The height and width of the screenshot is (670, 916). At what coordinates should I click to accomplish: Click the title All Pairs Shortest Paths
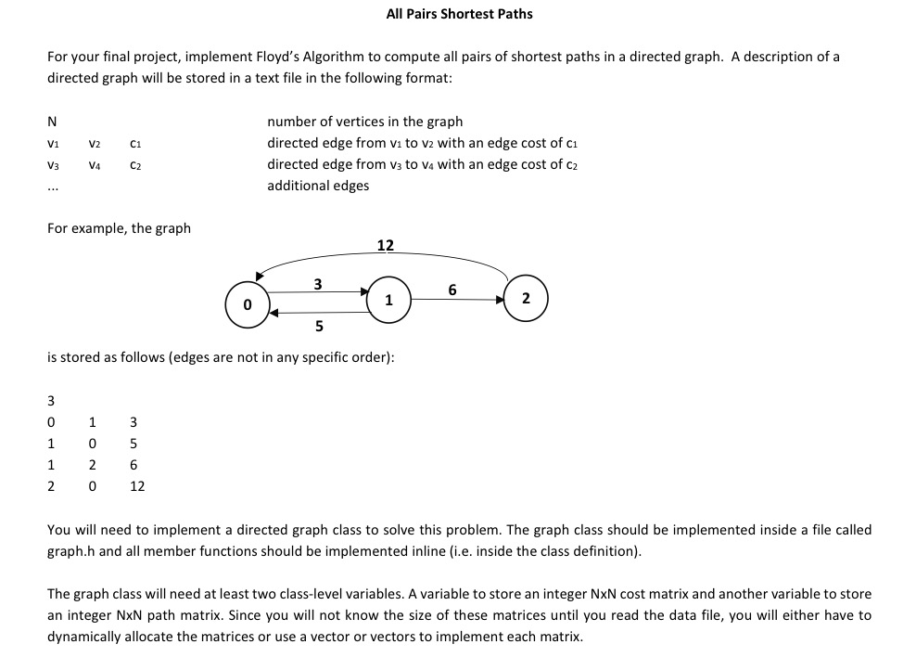coord(459,14)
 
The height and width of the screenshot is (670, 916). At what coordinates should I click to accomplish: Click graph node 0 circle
coord(247,303)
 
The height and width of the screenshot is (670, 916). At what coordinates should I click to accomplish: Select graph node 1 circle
coord(388,300)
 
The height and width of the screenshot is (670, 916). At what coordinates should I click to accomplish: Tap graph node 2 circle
coord(526,298)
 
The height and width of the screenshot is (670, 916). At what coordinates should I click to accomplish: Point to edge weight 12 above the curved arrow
coord(386,245)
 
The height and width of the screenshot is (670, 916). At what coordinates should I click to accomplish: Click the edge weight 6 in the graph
coord(452,290)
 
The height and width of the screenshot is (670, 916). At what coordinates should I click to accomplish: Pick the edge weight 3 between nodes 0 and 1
coord(318,283)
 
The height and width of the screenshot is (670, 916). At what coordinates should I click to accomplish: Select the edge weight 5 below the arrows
coord(319,326)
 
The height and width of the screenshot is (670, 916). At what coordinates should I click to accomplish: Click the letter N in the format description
coord(52,122)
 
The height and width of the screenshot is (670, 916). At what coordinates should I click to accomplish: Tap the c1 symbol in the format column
coord(135,144)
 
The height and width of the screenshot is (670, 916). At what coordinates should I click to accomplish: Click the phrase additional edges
coord(317,186)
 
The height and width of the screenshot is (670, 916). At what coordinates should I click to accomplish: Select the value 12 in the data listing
coord(137,485)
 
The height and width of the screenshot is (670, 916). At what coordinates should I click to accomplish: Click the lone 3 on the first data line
coord(52,401)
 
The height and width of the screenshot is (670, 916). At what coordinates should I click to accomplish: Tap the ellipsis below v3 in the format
coord(53,187)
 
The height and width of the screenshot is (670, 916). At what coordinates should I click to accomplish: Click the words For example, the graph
coord(119,228)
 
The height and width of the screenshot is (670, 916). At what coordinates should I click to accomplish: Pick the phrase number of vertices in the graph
coord(364,122)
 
